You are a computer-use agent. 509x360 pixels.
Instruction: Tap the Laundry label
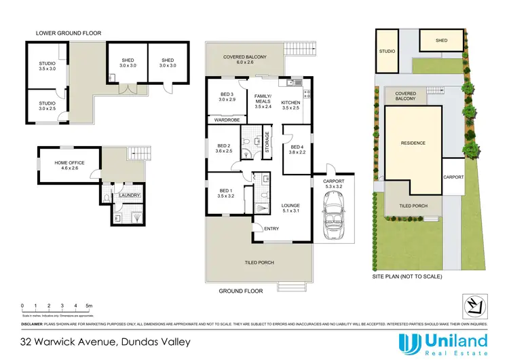pos(130,196)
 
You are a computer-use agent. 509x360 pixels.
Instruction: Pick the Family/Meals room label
pos(262,101)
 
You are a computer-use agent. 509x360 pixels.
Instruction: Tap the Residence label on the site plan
pos(413,143)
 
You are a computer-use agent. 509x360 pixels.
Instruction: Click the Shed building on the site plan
pos(441,41)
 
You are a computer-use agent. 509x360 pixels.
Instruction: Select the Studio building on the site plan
pos(387,51)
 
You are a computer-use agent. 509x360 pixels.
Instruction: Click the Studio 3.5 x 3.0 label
pos(47,67)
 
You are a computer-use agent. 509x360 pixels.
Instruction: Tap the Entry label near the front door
pos(271,228)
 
